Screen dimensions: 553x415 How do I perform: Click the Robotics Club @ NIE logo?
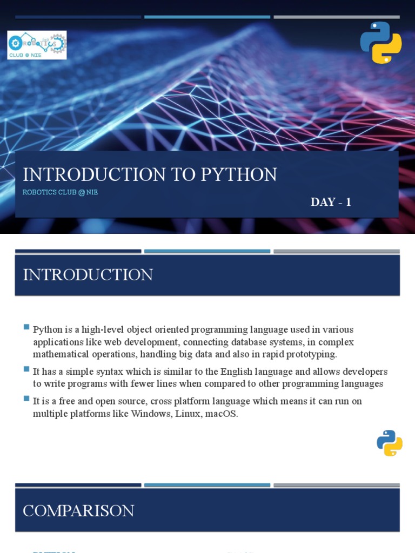(x=37, y=45)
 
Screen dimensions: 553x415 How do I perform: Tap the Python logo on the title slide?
(x=381, y=43)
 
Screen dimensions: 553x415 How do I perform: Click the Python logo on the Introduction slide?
(x=390, y=443)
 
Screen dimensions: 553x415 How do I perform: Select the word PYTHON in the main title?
(x=239, y=174)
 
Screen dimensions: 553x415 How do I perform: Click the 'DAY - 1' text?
(x=331, y=202)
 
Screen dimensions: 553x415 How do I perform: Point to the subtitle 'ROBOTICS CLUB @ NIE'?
(x=60, y=192)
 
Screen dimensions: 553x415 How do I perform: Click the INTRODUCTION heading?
(x=88, y=275)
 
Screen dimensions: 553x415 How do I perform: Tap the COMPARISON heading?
(x=78, y=510)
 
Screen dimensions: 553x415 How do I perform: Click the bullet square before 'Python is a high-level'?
(x=26, y=327)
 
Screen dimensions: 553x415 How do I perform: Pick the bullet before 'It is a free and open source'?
(x=26, y=399)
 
